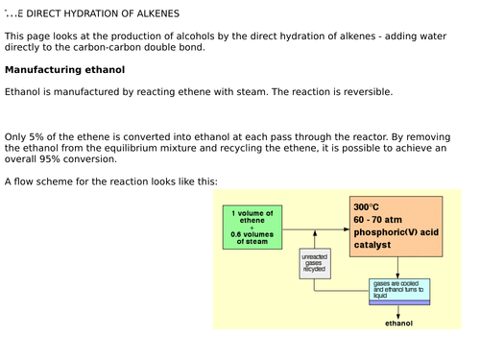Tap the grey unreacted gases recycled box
[x=313, y=264]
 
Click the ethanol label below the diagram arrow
[x=398, y=324]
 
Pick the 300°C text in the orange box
[x=367, y=207]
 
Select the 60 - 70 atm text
[x=376, y=220]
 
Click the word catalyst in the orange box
[x=372, y=245]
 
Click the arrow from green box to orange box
[x=317, y=230]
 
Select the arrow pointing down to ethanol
[x=398, y=311]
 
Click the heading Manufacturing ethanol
[x=64, y=70]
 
